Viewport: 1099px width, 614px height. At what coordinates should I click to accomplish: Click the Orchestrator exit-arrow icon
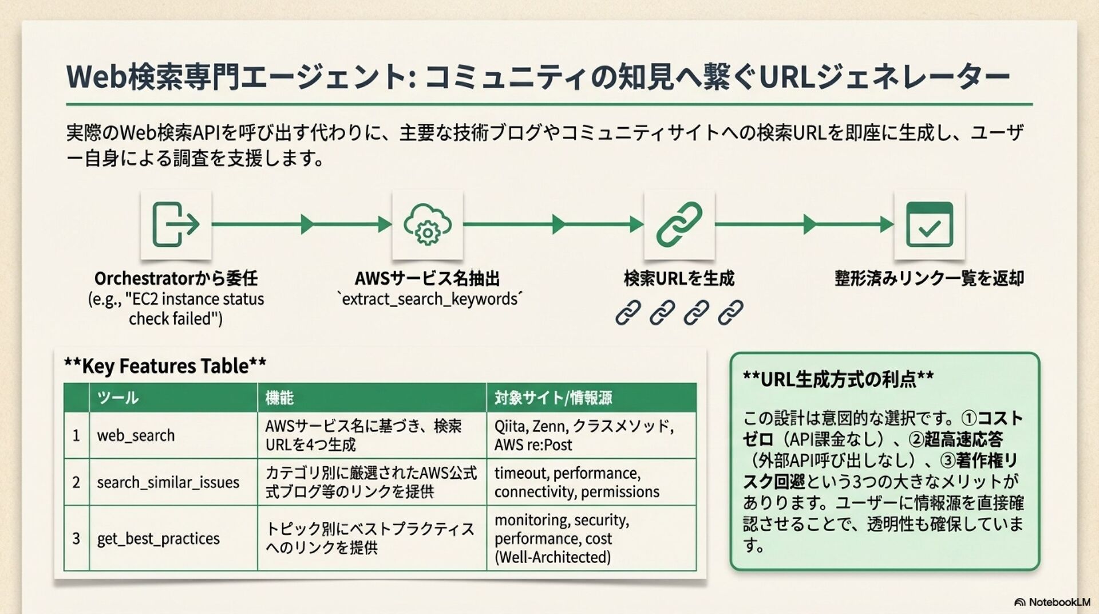tap(176, 225)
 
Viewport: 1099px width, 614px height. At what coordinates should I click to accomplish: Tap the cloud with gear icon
tap(428, 225)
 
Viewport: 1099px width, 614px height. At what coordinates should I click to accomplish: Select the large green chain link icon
tap(679, 225)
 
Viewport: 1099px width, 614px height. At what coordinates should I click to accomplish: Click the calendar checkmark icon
tap(930, 225)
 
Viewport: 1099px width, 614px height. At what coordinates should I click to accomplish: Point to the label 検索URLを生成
tap(679, 279)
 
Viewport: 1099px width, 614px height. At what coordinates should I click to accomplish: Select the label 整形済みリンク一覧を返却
tap(929, 279)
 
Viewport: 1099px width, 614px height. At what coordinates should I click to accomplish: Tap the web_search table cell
tap(136, 436)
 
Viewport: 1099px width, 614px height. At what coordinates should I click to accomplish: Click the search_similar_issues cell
tap(168, 482)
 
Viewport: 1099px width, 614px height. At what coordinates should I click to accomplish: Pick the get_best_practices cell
tap(158, 539)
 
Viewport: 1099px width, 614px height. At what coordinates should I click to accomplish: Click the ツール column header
tap(118, 397)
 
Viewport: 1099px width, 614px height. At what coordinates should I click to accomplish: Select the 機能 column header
tap(279, 397)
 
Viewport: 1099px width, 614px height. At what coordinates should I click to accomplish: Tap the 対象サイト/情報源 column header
tap(553, 397)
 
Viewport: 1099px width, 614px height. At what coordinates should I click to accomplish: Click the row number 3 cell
tap(76, 539)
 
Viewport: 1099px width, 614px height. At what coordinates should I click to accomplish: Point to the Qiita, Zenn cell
tap(584, 435)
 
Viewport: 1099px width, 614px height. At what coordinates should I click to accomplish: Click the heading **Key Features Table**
tap(165, 366)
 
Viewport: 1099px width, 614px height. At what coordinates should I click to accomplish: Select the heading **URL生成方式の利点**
tap(838, 379)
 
